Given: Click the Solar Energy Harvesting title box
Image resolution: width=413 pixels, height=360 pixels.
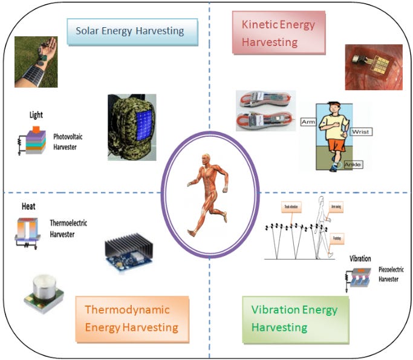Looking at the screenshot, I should point(132,31).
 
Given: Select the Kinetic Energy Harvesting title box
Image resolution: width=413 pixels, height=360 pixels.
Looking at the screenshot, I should point(278,33).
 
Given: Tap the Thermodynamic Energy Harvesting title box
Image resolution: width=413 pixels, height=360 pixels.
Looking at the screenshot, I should point(132,318).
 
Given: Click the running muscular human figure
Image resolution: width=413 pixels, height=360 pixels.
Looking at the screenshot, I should point(206,191).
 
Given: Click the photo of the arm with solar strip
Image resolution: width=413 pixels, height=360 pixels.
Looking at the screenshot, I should point(36,62).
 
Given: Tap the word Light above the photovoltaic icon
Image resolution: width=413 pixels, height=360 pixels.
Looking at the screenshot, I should point(36,114).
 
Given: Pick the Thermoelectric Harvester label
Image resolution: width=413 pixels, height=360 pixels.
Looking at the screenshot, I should point(68,228).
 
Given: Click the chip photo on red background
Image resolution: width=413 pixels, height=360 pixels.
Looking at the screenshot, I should point(373,67).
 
